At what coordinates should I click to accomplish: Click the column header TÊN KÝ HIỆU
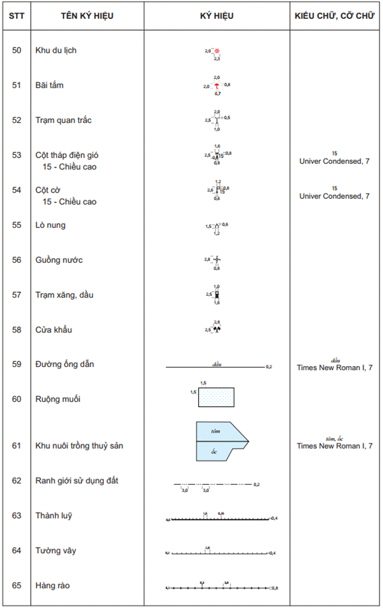pos(87,16)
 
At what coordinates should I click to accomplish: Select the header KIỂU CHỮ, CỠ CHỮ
pos(334,16)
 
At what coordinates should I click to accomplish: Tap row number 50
pos(17,50)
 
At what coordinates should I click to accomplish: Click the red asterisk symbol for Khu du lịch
pos(217,51)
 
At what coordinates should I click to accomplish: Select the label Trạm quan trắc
pos(63,120)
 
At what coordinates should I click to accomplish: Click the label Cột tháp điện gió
pos(67,155)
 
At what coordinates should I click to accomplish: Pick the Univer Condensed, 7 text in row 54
pos(334,196)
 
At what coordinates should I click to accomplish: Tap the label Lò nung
pos(50,225)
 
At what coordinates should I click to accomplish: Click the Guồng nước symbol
pos(217,259)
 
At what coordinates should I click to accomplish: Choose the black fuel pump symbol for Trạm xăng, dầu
pos(217,295)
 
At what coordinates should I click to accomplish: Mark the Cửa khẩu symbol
pos(217,329)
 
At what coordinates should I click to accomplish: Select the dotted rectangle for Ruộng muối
pos(216,397)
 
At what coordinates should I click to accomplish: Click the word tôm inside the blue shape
pos(215,431)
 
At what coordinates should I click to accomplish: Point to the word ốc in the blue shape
pos(214,451)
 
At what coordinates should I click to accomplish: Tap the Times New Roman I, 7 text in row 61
pos(334,446)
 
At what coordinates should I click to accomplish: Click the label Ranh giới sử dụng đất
pos(76,480)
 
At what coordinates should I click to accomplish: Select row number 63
pos(17,515)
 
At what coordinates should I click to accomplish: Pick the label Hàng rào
pos(52,585)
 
